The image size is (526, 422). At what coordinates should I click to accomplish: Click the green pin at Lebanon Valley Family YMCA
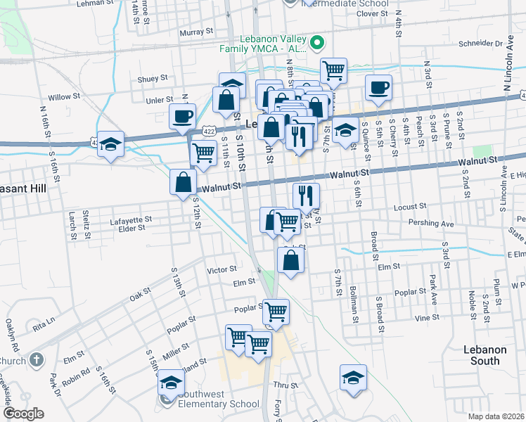[x=316, y=43]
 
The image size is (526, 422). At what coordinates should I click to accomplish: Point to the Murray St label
[x=196, y=32]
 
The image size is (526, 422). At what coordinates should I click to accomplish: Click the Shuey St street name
[x=153, y=79]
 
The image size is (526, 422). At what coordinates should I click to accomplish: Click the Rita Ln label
[x=43, y=326]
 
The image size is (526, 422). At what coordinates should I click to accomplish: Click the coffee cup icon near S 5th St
[x=378, y=88]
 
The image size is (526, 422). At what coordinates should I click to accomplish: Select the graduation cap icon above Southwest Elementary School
[x=170, y=382]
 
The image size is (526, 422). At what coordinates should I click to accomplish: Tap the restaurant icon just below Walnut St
[x=306, y=195]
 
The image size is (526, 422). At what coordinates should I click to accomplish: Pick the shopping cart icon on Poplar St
[x=276, y=309]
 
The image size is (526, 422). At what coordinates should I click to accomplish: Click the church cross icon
[x=37, y=359]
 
